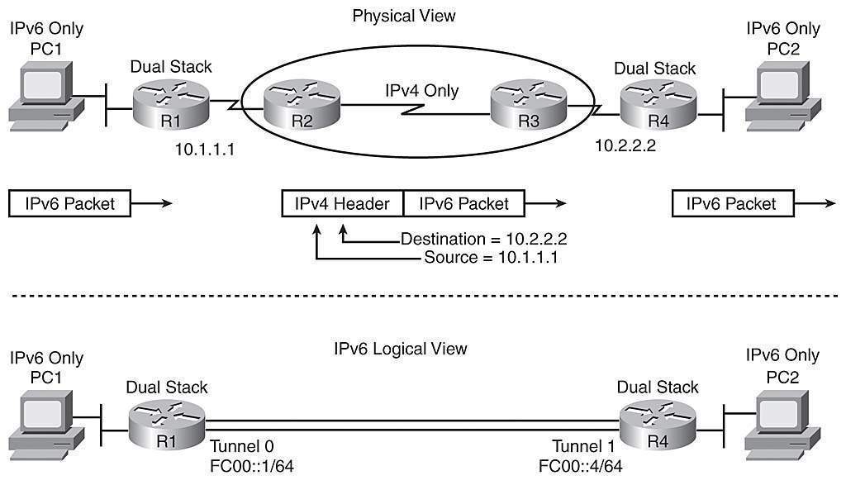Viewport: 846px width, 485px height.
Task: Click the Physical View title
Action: (x=403, y=16)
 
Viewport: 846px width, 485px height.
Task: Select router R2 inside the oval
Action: (x=302, y=106)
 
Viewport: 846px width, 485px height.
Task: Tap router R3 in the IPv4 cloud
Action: (x=526, y=107)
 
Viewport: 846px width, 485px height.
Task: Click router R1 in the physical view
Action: (x=171, y=106)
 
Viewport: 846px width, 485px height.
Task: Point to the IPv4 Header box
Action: (x=343, y=203)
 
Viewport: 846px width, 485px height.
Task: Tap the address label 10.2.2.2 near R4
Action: (x=628, y=145)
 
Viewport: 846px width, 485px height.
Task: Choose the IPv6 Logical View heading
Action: (x=401, y=348)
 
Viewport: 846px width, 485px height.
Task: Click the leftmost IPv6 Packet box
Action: (x=69, y=203)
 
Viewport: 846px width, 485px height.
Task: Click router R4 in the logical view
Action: (x=658, y=426)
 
